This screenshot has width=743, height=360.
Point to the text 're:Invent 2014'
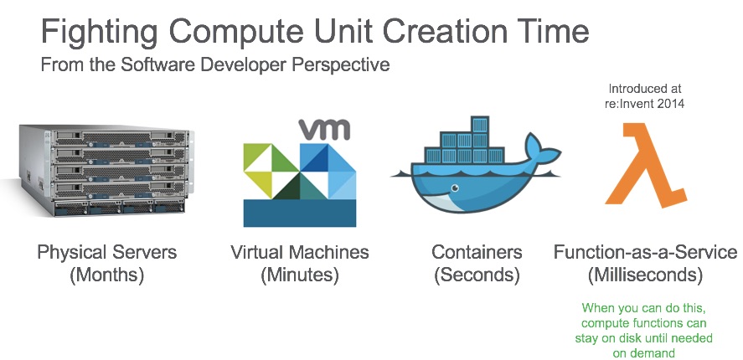point(645,104)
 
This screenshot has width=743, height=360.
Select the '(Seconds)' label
point(477,275)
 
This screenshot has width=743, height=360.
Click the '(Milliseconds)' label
point(645,275)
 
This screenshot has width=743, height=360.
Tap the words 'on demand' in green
point(645,352)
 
